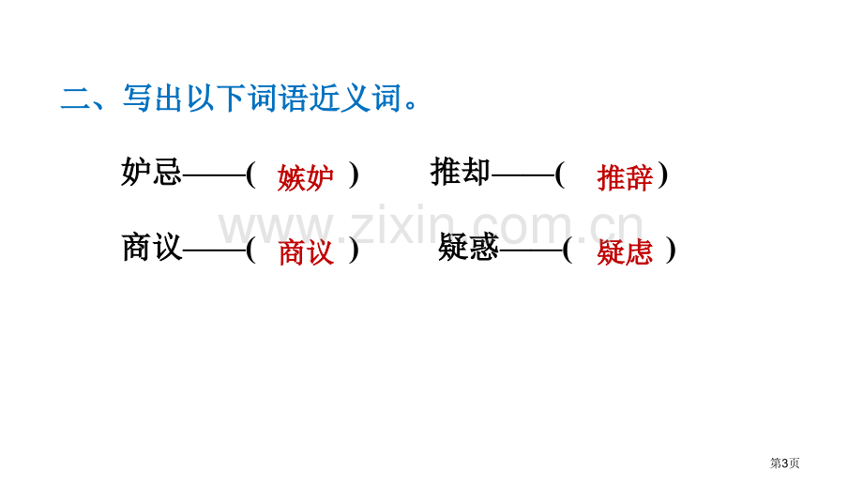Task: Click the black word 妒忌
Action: pyautogui.click(x=151, y=172)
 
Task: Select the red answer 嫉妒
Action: pyautogui.click(x=306, y=177)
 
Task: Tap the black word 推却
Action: pyautogui.click(x=461, y=172)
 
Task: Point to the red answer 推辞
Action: pyautogui.click(x=626, y=177)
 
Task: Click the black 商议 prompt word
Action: pyautogui.click(x=151, y=247)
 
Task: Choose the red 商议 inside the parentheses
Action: pyautogui.click(x=306, y=252)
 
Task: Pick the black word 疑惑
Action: pyautogui.click(x=468, y=247)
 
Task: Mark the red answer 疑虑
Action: pyautogui.click(x=626, y=252)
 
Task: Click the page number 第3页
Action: pyautogui.click(x=784, y=463)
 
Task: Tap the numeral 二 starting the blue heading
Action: pyautogui.click(x=76, y=99)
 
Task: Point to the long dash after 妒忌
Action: pyautogui.click(x=214, y=175)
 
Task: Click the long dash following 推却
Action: pyautogui.click(x=522, y=175)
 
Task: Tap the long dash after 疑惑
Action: pyautogui.click(x=531, y=251)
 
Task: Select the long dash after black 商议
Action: pyautogui.click(x=214, y=251)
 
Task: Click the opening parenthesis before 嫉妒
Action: pyautogui.click(x=251, y=175)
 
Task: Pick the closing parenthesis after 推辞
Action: pyautogui.click(x=663, y=175)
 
